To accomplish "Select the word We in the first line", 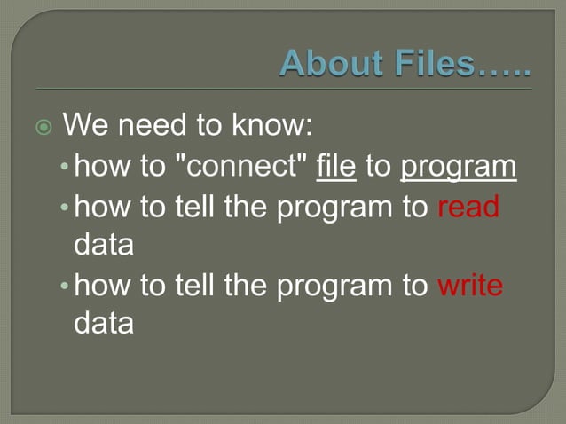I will pos(84,126).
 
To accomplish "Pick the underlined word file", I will pos(336,166).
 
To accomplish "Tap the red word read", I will pos(468,207).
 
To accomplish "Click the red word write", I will pos(470,286).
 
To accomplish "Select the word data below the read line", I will pos(104,245).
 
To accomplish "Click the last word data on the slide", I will pos(104,324).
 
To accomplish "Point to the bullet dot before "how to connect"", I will pos(67,168).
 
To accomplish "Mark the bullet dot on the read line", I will pos(67,208).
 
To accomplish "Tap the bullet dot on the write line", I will pos(67,287).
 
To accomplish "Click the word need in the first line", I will pos(154,126).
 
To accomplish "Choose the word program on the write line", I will pos(327,287).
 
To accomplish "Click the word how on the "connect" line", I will pos(100,166).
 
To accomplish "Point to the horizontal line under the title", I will pos(284,90).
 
